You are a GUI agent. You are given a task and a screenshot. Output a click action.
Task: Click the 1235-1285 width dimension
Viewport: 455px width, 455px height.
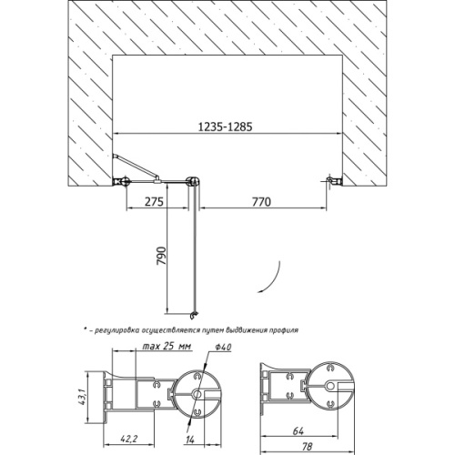(x=225, y=126)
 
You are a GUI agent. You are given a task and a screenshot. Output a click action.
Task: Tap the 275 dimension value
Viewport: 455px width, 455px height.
(x=154, y=202)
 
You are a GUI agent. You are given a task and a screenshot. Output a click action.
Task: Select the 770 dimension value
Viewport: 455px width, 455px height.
(x=261, y=202)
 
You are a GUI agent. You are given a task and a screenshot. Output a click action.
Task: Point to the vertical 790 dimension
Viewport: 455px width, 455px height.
(x=162, y=256)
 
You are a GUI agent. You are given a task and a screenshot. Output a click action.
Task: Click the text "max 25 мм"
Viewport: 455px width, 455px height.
(x=167, y=346)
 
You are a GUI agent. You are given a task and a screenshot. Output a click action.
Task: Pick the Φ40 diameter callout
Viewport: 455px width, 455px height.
(x=224, y=348)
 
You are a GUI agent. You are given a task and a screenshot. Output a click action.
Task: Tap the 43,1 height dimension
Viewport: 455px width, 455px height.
(x=83, y=397)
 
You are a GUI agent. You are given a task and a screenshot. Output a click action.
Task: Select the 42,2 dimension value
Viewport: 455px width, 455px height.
(x=129, y=439)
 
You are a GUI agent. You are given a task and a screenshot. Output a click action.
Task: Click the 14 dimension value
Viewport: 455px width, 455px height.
(x=189, y=440)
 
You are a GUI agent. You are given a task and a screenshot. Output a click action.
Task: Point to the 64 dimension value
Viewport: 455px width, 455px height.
(x=298, y=431)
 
